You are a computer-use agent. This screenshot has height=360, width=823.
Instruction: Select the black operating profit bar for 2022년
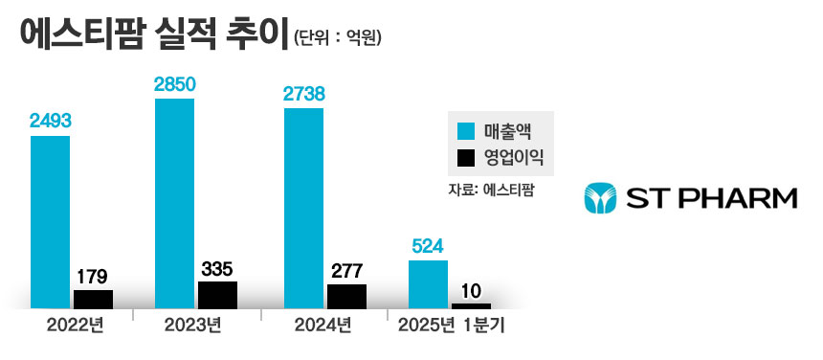[x=93, y=299]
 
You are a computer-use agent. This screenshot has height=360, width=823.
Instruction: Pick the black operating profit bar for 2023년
[x=217, y=295]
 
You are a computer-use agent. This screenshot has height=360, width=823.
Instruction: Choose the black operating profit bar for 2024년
[x=346, y=297]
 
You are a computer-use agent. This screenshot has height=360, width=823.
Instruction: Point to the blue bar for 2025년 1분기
[x=428, y=283]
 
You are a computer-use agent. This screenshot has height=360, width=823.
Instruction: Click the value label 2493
[x=50, y=121]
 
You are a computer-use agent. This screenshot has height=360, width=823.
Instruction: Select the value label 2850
[x=174, y=84]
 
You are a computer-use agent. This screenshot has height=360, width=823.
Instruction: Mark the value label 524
[x=428, y=246]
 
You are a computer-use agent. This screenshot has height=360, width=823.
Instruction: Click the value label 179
[x=93, y=276]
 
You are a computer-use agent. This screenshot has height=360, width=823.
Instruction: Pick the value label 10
[x=471, y=289]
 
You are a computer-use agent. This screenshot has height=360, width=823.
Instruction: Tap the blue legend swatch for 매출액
[x=466, y=130]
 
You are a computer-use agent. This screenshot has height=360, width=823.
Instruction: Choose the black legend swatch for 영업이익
[x=466, y=156]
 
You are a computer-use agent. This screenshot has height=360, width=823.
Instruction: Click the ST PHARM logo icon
[x=600, y=198]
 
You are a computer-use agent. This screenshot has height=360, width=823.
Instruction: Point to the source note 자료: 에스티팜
[x=490, y=190]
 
